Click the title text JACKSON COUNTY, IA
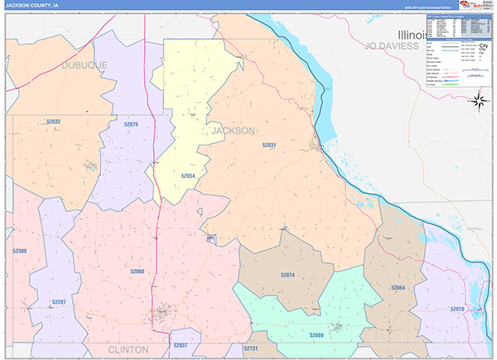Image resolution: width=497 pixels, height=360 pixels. [x=32, y=6]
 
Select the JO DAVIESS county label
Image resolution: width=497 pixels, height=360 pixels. [x=383, y=46]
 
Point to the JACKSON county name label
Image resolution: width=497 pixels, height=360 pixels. [x=234, y=131]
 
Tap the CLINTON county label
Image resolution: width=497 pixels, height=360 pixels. [x=128, y=350]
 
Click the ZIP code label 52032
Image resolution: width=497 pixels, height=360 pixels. [x=53, y=122]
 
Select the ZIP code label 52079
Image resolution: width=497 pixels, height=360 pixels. [x=131, y=124]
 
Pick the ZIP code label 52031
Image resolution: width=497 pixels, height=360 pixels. [x=269, y=145]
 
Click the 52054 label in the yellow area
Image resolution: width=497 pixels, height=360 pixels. [x=188, y=176]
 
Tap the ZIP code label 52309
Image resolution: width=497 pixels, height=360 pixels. [x=19, y=251]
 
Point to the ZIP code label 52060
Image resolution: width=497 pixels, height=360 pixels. [x=138, y=271]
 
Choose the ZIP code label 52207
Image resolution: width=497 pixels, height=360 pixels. [x=57, y=302]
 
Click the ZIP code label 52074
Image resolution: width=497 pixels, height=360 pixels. [x=287, y=275]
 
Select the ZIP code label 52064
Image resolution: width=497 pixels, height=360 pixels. [x=398, y=287]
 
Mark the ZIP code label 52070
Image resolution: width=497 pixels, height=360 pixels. [x=457, y=309]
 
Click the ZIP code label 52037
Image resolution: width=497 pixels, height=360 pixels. [x=181, y=345]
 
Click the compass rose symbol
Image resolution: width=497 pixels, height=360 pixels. [x=477, y=102]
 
